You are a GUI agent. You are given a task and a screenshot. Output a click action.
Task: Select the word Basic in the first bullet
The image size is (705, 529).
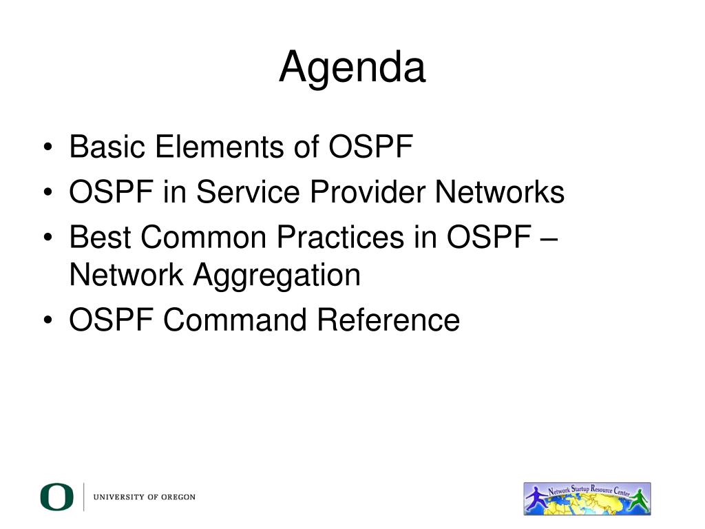point(107,147)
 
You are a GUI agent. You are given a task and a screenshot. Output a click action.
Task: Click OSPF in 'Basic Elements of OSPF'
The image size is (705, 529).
point(371,147)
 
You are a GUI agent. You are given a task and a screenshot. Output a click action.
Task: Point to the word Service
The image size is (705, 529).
point(248,191)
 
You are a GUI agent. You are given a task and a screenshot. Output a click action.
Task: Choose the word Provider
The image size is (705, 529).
point(368,191)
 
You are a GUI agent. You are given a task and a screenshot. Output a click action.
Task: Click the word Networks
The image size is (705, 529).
point(500,191)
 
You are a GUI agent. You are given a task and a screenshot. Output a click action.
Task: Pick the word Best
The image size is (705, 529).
point(100,237)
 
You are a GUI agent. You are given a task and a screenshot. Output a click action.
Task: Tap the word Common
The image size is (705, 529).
point(204,237)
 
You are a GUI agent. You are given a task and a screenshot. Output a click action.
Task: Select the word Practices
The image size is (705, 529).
point(340,237)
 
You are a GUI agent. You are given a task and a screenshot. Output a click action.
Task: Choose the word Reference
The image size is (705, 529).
point(388,320)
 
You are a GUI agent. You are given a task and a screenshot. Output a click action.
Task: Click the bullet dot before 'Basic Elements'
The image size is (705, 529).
point(48,147)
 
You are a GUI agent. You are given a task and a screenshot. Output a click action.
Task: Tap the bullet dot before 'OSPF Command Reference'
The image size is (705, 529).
point(48,320)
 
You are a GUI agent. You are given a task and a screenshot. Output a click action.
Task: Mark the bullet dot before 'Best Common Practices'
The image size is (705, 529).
point(48,237)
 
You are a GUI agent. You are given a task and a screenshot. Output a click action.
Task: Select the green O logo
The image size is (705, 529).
point(56,497)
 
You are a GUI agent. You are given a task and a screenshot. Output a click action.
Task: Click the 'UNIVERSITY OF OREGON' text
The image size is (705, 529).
point(145,497)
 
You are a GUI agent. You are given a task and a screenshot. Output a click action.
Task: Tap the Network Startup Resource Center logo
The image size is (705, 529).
point(587,499)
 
